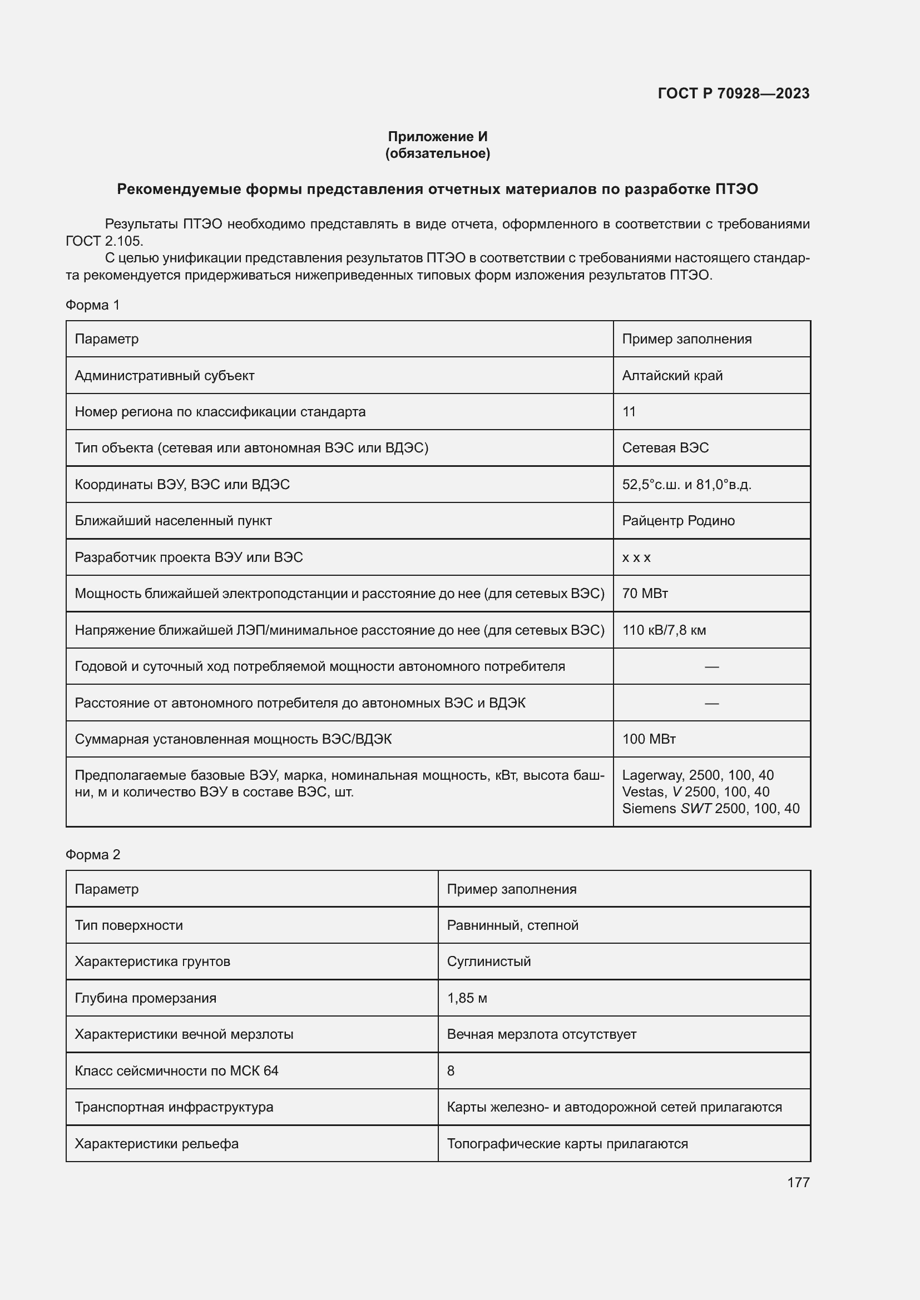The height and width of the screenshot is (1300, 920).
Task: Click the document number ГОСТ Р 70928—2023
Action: pos(733,93)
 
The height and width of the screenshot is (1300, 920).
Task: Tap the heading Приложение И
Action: pos(437,137)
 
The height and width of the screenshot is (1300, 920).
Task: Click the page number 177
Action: pos(798,1182)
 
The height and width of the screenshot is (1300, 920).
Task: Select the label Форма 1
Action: pos(92,305)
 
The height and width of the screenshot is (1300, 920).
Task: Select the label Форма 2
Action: pos(92,854)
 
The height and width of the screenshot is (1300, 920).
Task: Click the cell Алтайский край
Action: pos(672,375)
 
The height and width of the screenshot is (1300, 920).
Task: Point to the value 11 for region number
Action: pos(629,412)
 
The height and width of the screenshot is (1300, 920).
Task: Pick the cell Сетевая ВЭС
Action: pos(665,448)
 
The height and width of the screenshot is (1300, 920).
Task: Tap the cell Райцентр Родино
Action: pos(678,520)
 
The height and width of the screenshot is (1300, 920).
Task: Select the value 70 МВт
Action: pos(645,594)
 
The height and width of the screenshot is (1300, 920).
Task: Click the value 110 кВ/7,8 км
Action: pos(664,630)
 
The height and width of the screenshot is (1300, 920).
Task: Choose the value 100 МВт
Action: pos(649,739)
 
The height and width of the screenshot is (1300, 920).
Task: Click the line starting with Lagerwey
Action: pos(698,775)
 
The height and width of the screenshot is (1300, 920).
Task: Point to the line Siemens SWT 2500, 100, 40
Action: pos(710,808)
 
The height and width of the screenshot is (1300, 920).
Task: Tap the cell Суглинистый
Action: pos(488,962)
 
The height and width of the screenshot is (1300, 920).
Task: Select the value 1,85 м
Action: pos(467,998)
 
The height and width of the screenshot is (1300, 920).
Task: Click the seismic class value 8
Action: pos(451,1070)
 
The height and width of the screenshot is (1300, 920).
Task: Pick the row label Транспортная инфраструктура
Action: pos(174,1107)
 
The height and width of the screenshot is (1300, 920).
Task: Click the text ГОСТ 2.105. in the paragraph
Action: pos(104,241)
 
